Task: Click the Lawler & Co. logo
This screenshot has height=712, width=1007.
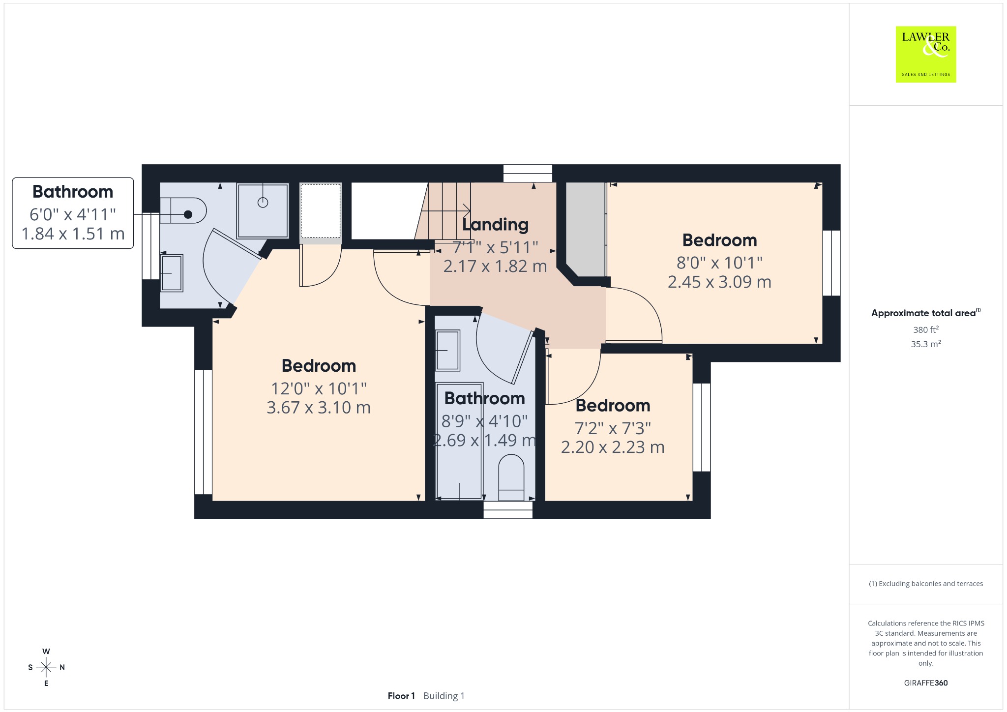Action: pyautogui.click(x=926, y=54)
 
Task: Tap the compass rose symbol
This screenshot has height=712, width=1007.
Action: pyautogui.click(x=46, y=667)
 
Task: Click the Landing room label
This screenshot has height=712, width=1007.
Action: pyautogui.click(x=495, y=224)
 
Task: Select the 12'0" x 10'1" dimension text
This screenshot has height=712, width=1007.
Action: pyautogui.click(x=319, y=388)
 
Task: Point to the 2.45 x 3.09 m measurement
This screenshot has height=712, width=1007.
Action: pyautogui.click(x=719, y=282)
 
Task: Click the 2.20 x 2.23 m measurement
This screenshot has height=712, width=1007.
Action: pyautogui.click(x=613, y=447)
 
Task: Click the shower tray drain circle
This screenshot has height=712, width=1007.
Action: pyautogui.click(x=263, y=202)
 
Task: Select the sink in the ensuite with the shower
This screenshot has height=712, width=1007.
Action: pyautogui.click(x=172, y=273)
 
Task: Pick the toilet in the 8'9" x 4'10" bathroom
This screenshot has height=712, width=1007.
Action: pyautogui.click(x=511, y=477)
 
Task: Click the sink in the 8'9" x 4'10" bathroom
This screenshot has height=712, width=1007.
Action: pyautogui.click(x=447, y=351)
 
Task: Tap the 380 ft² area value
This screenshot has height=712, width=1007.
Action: pyautogui.click(x=926, y=329)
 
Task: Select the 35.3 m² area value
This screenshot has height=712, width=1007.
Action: pyautogui.click(x=926, y=344)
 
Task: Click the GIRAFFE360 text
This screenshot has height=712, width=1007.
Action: pyautogui.click(x=926, y=682)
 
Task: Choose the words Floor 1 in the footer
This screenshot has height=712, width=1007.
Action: pyautogui.click(x=401, y=696)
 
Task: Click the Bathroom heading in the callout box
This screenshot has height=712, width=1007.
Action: pyautogui.click(x=73, y=191)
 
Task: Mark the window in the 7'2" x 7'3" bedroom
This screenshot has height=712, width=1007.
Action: pyautogui.click(x=702, y=427)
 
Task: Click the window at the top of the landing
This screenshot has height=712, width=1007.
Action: pyautogui.click(x=528, y=174)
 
